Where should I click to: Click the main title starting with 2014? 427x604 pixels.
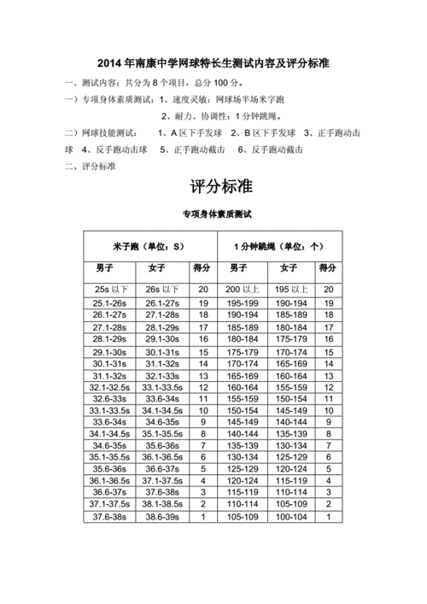coord(213,64)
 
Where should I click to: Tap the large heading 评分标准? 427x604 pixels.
coord(213,186)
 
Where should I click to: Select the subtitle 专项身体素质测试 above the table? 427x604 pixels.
coord(213,215)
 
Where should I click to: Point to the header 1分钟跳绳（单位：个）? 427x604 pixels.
coord(278,247)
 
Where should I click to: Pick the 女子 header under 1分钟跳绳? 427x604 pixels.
coord(290,269)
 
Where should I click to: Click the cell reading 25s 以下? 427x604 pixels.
coord(110,290)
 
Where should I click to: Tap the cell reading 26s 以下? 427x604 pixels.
coord(161,290)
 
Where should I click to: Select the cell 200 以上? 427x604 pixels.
coord(243,290)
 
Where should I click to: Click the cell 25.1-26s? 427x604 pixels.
coord(110,303)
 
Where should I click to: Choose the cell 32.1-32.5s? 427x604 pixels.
coord(110,387)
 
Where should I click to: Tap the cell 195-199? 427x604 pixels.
coord(243,303)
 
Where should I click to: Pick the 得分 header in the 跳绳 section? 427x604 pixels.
coord(328,269)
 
